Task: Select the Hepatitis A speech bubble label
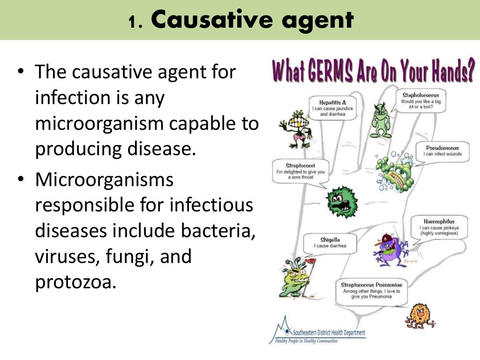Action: tap(333, 102)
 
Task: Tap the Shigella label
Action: tap(330, 239)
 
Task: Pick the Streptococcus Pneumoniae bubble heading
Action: tap(371, 285)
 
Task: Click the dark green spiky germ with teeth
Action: tap(342, 202)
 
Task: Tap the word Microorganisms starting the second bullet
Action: tap(104, 180)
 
